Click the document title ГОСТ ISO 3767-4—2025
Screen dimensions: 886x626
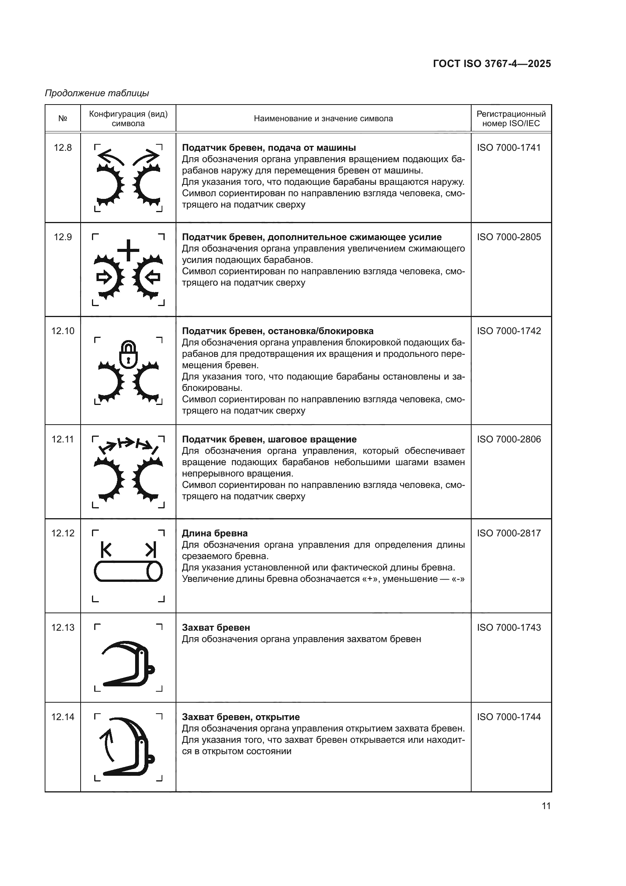(492, 64)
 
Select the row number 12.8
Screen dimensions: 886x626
(62, 147)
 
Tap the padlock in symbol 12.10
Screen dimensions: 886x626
(128, 354)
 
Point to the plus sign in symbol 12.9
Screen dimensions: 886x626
(128, 250)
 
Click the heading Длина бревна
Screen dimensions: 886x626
(215, 533)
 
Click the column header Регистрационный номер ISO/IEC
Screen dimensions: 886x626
(511, 119)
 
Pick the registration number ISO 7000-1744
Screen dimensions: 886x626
(509, 717)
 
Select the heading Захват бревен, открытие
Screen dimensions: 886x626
(241, 717)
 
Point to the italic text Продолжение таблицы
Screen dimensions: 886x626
(97, 93)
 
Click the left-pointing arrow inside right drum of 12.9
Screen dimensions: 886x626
(153, 277)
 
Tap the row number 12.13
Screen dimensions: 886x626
(62, 627)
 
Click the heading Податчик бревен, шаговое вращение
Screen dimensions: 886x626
(269, 439)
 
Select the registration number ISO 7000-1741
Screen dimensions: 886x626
(509, 147)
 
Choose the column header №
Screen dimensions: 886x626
(62, 119)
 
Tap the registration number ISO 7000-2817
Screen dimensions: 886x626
(509, 533)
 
